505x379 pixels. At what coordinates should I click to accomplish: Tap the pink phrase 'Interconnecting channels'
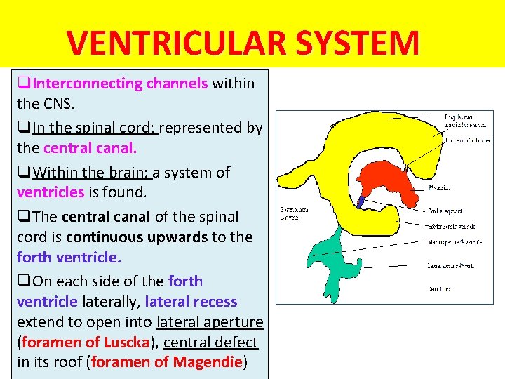[120, 84]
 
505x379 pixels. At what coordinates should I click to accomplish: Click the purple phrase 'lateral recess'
[191, 302]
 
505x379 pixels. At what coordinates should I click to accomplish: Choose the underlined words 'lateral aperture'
[210, 322]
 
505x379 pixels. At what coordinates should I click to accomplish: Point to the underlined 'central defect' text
[210, 343]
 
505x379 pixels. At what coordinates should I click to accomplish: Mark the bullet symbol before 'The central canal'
[24, 217]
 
